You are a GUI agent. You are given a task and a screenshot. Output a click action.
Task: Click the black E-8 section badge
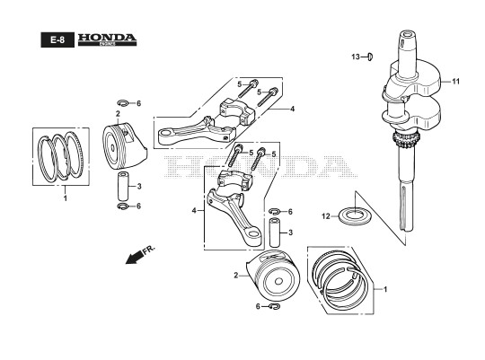(x=57, y=40)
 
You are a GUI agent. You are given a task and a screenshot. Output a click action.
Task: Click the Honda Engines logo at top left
(x=107, y=40)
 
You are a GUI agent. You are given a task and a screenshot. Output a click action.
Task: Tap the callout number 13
(x=356, y=57)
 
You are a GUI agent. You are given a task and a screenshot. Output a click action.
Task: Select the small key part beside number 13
(x=370, y=57)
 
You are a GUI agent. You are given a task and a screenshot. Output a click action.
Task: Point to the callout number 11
(x=456, y=82)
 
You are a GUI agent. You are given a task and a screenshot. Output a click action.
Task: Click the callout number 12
(x=326, y=216)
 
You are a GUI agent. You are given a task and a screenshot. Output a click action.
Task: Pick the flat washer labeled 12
(x=355, y=215)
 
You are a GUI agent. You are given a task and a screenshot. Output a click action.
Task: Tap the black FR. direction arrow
(x=134, y=257)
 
